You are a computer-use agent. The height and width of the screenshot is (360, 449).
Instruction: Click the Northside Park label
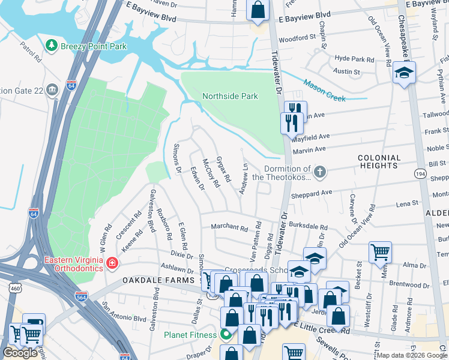pyautogui.click(x=230, y=96)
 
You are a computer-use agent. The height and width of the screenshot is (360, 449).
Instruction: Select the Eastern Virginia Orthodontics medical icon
pyautogui.click(x=112, y=263)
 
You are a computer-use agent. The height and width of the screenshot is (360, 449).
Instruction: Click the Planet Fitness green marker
pyautogui.click(x=226, y=334)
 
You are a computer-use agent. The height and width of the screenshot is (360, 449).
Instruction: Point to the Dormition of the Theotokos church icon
pyautogui.click(x=320, y=173)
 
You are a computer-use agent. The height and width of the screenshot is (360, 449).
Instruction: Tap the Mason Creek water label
pyautogui.click(x=324, y=91)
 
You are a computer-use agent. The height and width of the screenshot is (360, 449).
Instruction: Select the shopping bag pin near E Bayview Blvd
pyautogui.click(x=258, y=10)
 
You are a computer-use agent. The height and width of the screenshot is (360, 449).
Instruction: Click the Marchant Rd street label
pyautogui.click(x=229, y=228)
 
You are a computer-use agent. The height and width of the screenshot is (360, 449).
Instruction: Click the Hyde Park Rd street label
pyautogui.click(x=354, y=59)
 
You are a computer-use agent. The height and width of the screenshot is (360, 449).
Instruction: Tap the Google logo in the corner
pyautogui.click(x=20, y=353)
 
